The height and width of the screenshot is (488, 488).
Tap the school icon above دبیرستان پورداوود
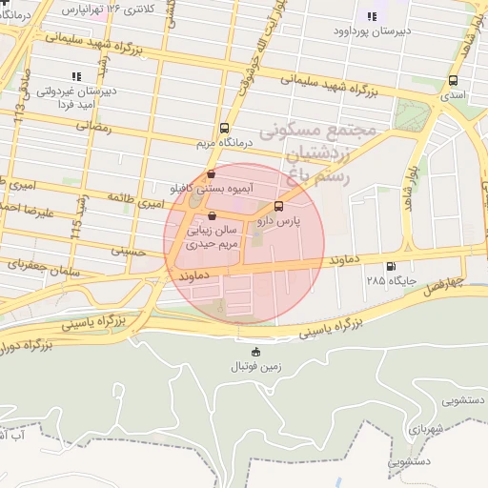[x=372, y=16]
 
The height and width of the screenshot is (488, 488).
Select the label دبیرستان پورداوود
[x=371, y=31]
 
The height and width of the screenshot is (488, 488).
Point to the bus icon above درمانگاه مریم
[x=224, y=127]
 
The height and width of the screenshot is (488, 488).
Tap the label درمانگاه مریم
[x=222, y=142]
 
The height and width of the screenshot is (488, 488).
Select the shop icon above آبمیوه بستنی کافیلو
[x=210, y=174]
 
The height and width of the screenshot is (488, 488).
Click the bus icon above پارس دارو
[x=278, y=206]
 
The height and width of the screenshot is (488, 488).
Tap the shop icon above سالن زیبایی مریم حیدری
[x=212, y=215]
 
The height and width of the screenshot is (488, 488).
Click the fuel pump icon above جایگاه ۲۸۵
[x=389, y=267]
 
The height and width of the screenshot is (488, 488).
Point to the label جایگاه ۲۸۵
[x=388, y=282]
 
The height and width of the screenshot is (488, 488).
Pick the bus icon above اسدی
[x=451, y=81]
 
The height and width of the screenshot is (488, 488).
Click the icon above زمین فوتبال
[x=254, y=352]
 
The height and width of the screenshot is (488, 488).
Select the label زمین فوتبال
[x=254, y=367]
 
